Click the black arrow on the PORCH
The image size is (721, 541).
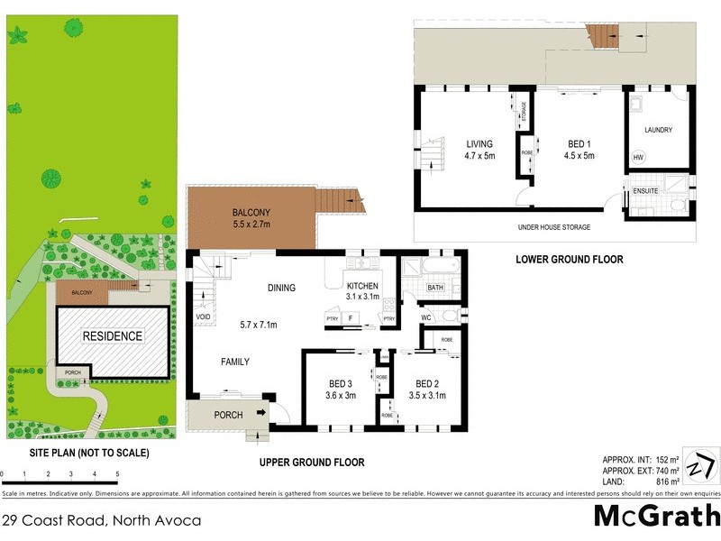coord(261,414)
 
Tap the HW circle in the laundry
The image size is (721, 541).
coord(639,159)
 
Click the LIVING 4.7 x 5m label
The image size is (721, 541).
coord(480,150)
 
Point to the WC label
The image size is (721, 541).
coord(427,317)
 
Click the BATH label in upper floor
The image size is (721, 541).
coord(436,289)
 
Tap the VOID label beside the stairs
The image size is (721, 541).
coord(203,317)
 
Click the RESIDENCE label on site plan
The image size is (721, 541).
coord(113,336)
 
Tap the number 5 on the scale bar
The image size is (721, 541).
coord(116,473)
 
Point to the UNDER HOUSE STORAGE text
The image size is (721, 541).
coord(553,228)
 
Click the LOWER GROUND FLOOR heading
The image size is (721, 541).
coord(569,260)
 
